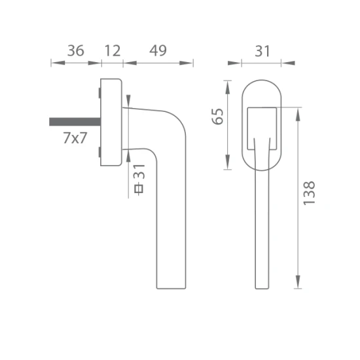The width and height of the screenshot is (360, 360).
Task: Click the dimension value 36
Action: point(75,51)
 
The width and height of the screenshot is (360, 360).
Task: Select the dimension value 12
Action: point(113,51)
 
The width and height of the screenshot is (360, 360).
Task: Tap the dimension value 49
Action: point(158,51)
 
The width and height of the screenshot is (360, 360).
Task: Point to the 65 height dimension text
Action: point(218,117)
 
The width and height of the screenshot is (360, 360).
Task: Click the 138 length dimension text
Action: point(309,193)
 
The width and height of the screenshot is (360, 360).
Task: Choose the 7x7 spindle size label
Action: point(75,138)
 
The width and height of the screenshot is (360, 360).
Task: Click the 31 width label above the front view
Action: point(262,51)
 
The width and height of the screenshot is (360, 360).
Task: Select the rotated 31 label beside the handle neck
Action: point(139,171)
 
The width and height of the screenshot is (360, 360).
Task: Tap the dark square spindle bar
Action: point(75,122)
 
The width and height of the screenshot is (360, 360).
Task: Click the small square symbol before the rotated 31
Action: point(139,189)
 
